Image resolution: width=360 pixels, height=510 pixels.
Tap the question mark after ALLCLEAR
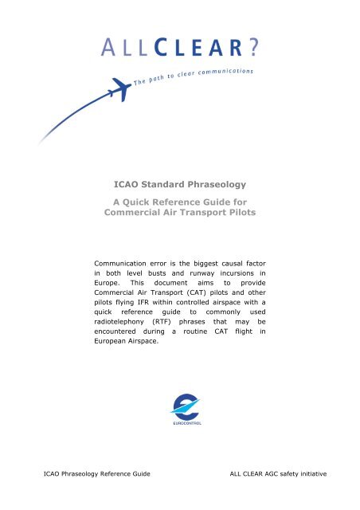[252, 48]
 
